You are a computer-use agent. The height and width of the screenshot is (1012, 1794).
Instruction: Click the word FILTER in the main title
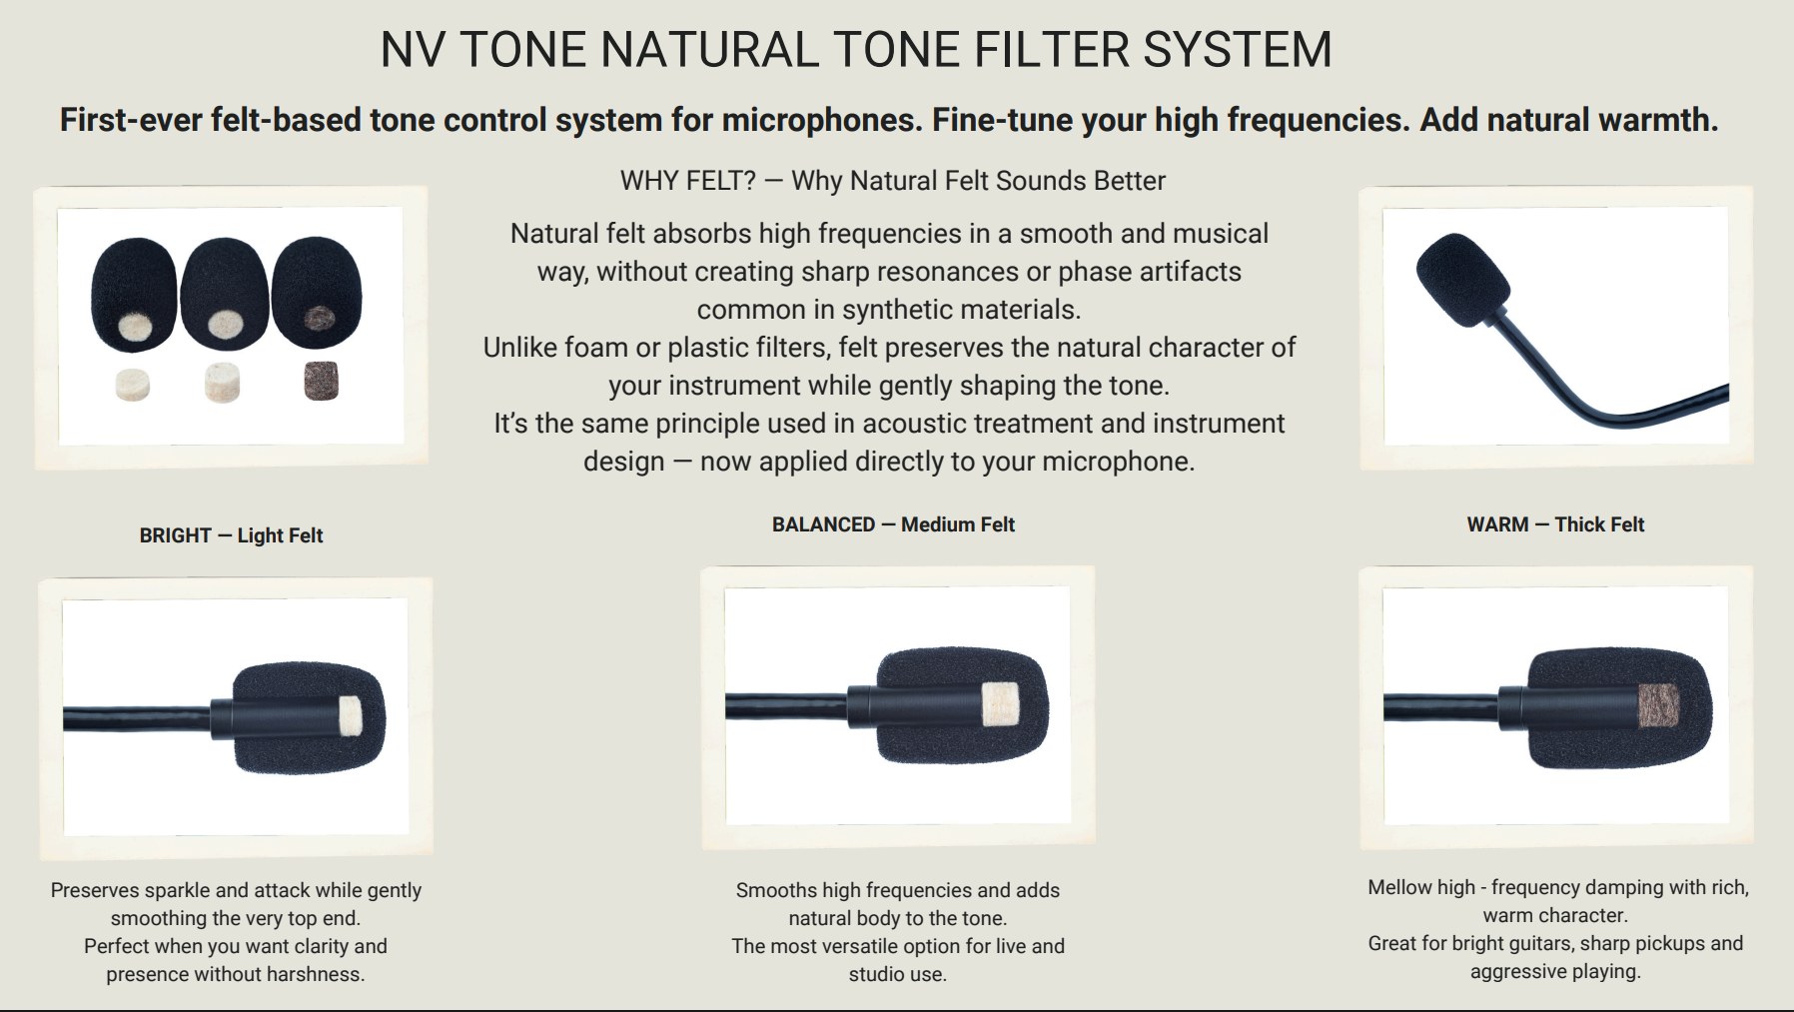[x=1051, y=49]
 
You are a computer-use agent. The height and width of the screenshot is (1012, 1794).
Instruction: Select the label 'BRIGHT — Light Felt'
[x=231, y=535]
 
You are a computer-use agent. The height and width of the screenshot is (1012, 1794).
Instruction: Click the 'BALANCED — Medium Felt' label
[x=893, y=524]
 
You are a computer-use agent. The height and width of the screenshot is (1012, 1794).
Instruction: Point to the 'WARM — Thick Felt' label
[x=1555, y=524]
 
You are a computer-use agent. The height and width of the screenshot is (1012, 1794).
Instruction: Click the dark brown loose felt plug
[x=322, y=381]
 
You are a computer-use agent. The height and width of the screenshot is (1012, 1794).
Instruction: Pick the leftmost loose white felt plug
[x=132, y=384]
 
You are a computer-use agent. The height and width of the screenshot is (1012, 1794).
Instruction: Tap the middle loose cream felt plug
[x=223, y=383]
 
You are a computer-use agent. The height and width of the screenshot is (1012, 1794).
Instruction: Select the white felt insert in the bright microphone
[x=349, y=715]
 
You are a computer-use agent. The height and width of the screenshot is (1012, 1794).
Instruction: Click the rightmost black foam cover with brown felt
[x=316, y=293]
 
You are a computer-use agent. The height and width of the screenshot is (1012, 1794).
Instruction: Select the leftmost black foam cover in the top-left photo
[x=134, y=295]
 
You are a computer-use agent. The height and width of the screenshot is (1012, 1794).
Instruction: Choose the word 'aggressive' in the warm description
[x=1517, y=971]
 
